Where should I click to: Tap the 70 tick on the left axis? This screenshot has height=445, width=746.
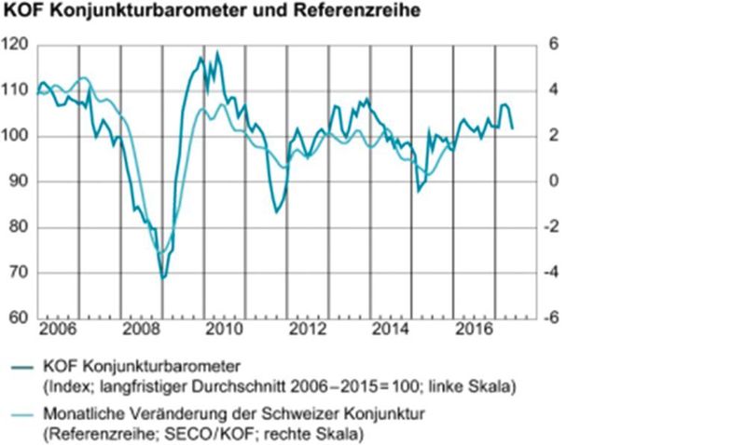[x=18, y=273]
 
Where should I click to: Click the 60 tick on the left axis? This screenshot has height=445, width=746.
[x=18, y=318]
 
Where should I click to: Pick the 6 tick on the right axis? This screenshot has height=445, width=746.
[x=552, y=46]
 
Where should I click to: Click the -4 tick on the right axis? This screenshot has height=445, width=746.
[x=550, y=273]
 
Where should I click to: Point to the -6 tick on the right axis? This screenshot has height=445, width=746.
[x=550, y=318]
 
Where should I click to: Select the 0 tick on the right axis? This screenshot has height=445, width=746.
[x=552, y=182]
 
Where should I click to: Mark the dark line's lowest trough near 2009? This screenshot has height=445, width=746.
[x=163, y=277]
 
